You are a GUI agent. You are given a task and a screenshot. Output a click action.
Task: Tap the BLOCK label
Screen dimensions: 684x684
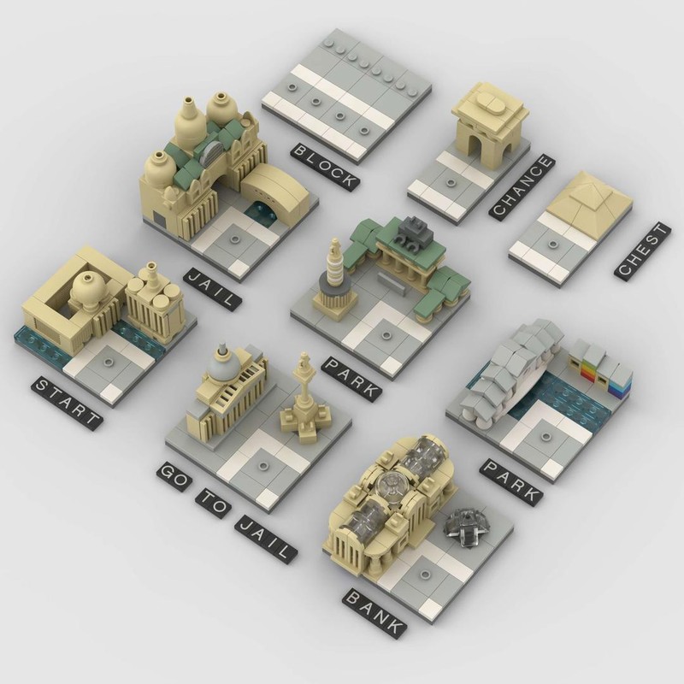click(323, 166)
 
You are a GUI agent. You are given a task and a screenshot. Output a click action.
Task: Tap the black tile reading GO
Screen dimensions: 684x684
click(170, 480)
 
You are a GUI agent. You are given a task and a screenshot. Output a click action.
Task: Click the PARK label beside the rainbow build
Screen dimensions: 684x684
click(511, 481)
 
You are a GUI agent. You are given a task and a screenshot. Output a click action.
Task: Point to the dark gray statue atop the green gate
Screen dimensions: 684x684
click(416, 231)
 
